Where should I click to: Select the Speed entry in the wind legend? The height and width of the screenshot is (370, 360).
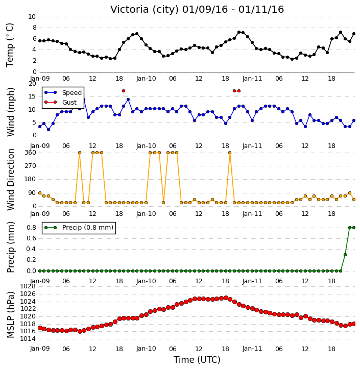coord(63,92)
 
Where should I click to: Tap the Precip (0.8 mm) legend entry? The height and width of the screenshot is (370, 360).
coord(79,228)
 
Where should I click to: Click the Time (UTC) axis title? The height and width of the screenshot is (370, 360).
coord(197,360)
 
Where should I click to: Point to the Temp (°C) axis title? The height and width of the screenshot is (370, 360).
coord(10,45)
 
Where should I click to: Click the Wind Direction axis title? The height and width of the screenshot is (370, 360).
coord(11,180)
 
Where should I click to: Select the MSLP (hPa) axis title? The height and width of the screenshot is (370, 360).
coord(11,314)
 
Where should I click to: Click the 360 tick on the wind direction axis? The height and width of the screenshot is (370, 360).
coord(31,153)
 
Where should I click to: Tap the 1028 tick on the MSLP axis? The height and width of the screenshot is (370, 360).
coord(28,286)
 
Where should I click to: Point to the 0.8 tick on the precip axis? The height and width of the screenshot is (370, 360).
coord(31,228)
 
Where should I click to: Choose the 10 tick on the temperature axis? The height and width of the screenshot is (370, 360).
coord(32,17)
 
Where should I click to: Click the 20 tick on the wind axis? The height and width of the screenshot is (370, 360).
coord(32,84)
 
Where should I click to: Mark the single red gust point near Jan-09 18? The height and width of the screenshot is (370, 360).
coord(124,91)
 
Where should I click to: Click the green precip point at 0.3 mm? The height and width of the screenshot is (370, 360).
coord(345,255)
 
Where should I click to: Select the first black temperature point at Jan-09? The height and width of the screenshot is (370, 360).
coord(40,41)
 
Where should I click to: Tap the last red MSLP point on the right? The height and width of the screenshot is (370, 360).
coord(354,324)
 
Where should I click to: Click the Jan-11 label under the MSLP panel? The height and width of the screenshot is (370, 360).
coord(252,349)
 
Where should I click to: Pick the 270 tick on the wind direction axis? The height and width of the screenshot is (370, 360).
coord(31,166)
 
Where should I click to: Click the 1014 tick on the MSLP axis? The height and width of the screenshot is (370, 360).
coord(28,339)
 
